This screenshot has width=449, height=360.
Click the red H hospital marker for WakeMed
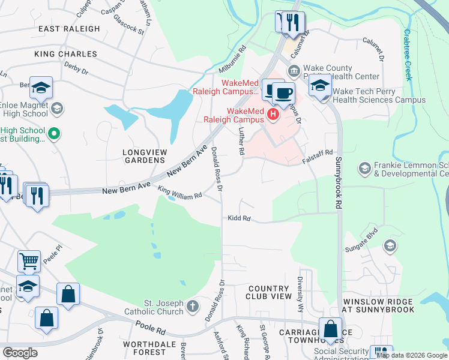point(274,114)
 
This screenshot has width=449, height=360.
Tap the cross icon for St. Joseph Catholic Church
point(192,307)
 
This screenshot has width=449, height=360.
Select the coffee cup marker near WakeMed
point(284,92)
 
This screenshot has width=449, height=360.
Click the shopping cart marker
point(29,261)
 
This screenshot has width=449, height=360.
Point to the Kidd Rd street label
point(239,218)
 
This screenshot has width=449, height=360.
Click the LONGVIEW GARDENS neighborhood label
point(143,157)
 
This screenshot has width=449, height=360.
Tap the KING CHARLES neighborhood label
point(65,54)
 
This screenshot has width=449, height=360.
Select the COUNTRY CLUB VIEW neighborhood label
point(269,293)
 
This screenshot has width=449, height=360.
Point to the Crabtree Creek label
point(408,55)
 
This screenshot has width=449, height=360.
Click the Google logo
point(20,352)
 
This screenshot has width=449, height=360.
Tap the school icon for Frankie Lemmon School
point(364,169)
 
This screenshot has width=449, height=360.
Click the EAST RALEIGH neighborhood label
point(69,29)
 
